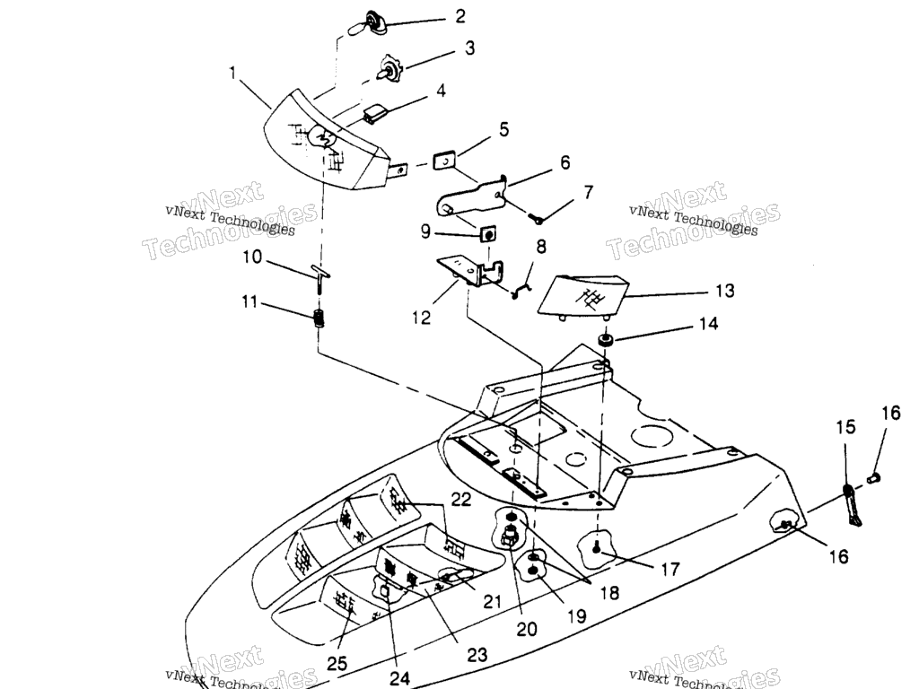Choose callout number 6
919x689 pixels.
pyautogui.click(x=565, y=162)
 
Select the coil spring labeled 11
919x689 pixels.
pyautogui.click(x=319, y=318)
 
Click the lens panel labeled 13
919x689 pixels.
pyautogui.click(x=581, y=296)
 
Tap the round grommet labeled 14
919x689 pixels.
pyautogui.click(x=605, y=341)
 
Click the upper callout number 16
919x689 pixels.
pyautogui.click(x=890, y=414)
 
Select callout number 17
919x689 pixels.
pyautogui.click(x=670, y=569)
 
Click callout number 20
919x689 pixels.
pyautogui.click(x=527, y=629)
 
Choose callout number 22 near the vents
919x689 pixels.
pyautogui.click(x=461, y=500)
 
